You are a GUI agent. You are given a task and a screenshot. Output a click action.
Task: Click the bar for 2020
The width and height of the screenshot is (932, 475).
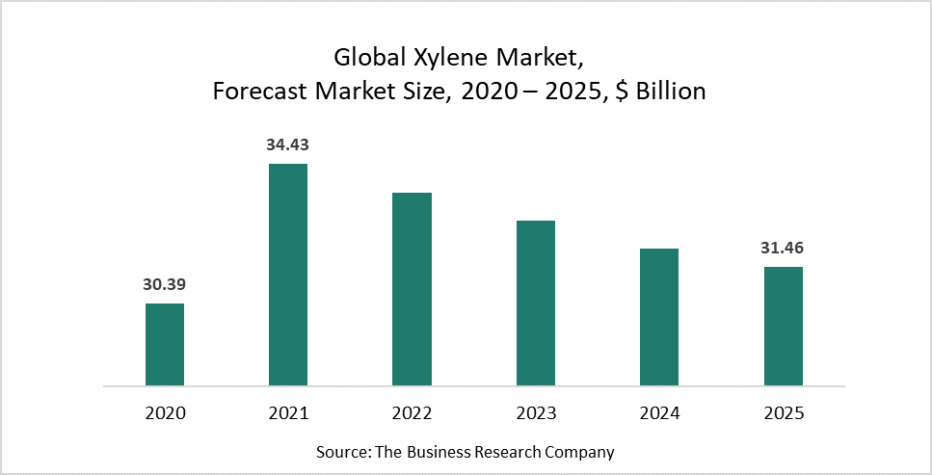(x=165, y=345)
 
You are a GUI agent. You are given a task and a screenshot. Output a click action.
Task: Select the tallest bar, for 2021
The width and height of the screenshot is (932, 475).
(x=288, y=275)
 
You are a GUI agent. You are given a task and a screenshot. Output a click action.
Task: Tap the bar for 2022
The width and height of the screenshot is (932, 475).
(x=412, y=289)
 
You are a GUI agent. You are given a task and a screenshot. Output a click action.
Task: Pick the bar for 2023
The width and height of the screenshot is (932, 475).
(x=536, y=303)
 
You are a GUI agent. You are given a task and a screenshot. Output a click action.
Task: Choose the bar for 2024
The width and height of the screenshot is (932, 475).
(x=659, y=317)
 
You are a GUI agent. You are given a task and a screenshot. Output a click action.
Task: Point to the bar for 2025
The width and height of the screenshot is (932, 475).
(x=784, y=327)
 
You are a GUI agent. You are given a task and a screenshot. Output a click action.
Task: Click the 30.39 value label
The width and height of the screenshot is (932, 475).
(x=165, y=285)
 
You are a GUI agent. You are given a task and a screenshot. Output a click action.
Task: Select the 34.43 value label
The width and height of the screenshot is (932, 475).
(x=288, y=145)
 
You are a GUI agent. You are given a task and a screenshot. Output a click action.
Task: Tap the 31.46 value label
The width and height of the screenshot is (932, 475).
(x=784, y=249)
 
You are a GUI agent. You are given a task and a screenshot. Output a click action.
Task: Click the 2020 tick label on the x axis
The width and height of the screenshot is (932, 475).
(x=165, y=413)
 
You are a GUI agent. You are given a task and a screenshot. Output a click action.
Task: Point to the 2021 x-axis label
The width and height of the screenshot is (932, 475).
(x=288, y=413)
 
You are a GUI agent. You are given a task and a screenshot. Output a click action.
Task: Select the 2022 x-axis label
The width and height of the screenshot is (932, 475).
(x=412, y=413)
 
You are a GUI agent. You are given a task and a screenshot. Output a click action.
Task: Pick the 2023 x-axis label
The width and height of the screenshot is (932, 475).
(x=536, y=413)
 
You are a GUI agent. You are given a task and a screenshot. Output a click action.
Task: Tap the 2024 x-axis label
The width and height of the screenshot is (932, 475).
(x=659, y=413)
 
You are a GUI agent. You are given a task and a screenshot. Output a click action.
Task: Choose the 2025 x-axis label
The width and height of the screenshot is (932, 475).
(x=784, y=413)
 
